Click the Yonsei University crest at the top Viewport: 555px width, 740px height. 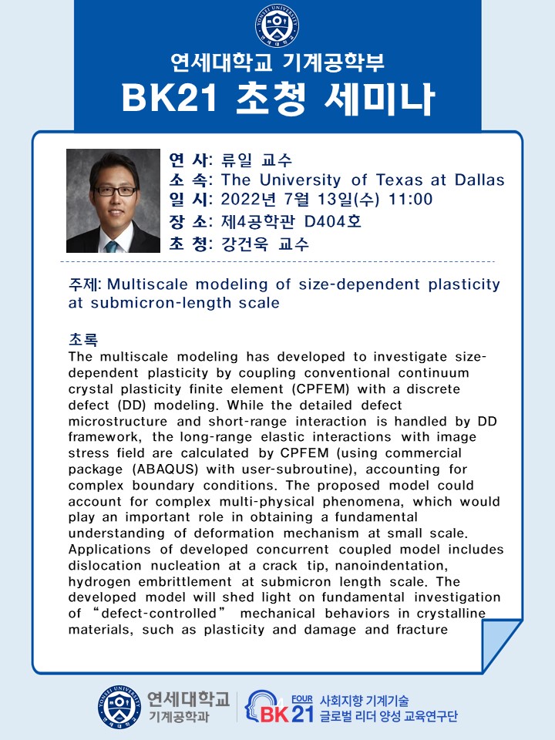point(277,25)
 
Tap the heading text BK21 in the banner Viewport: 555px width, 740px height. point(170,99)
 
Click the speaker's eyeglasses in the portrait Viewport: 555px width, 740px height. point(115,191)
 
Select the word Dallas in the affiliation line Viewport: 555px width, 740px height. point(479,180)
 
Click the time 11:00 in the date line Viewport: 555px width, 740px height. point(410,199)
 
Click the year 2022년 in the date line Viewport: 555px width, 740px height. point(248,199)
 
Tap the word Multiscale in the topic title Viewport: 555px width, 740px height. point(147,284)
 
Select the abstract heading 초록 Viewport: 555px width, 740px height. point(83,339)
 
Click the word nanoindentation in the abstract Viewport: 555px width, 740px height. point(392,565)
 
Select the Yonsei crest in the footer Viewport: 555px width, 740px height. point(119,708)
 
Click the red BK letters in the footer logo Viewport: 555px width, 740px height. point(274,715)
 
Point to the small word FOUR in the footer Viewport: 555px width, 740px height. point(302,699)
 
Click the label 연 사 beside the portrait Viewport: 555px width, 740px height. point(189,160)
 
